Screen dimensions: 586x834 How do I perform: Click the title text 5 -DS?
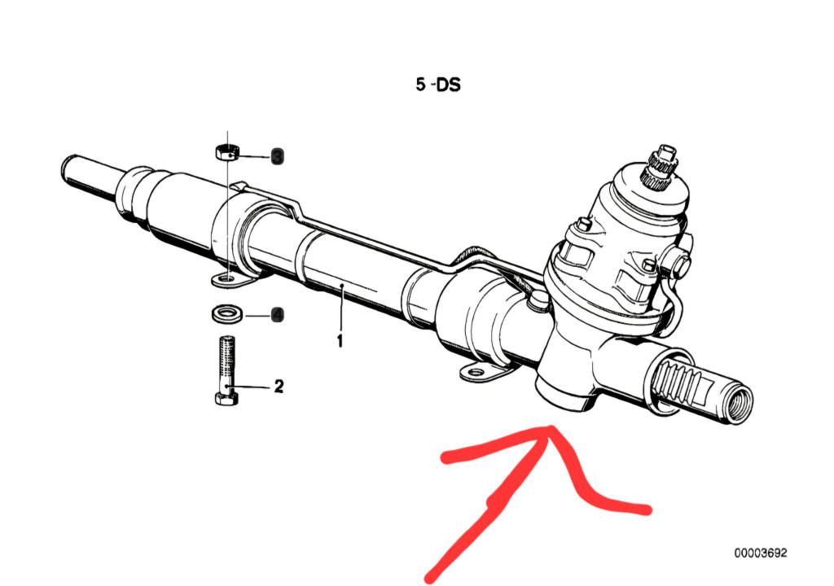click(x=438, y=84)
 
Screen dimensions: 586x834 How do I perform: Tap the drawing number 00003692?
click(x=761, y=553)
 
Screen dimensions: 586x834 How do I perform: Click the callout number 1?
click(x=340, y=340)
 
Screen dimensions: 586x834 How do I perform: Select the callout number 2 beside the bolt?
click(x=279, y=386)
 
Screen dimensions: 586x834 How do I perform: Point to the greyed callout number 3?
click(x=277, y=155)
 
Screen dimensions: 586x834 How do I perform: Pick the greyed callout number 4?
click(x=277, y=314)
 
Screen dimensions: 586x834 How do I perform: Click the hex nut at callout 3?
click(x=226, y=152)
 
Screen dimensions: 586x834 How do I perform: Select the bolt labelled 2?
click(x=226, y=370)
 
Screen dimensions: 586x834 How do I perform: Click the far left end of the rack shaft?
click(x=68, y=171)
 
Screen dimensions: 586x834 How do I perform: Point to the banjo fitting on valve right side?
click(x=676, y=264)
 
